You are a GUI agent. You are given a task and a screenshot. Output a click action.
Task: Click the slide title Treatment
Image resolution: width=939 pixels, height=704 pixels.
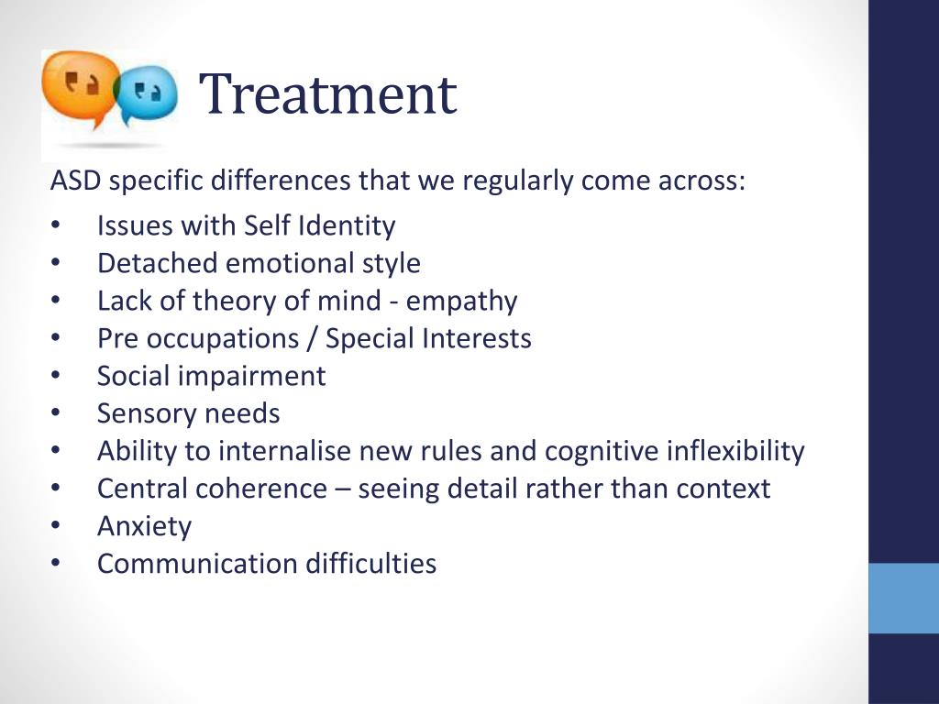(327, 94)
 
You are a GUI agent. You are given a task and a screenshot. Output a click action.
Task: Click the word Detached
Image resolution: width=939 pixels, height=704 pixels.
(158, 263)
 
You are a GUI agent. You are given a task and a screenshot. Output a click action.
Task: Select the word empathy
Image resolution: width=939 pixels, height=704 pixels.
(462, 302)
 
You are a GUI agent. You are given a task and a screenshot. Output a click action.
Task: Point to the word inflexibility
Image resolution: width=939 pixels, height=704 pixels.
(735, 451)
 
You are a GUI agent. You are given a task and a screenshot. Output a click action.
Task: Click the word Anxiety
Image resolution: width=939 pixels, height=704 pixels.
(144, 527)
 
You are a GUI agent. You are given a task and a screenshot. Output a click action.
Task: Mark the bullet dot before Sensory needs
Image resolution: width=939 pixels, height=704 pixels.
(56, 413)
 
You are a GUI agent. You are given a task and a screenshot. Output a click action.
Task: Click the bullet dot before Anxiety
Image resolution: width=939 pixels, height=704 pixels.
(56, 526)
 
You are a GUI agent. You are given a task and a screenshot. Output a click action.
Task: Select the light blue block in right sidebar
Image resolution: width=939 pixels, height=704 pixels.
(903, 598)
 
